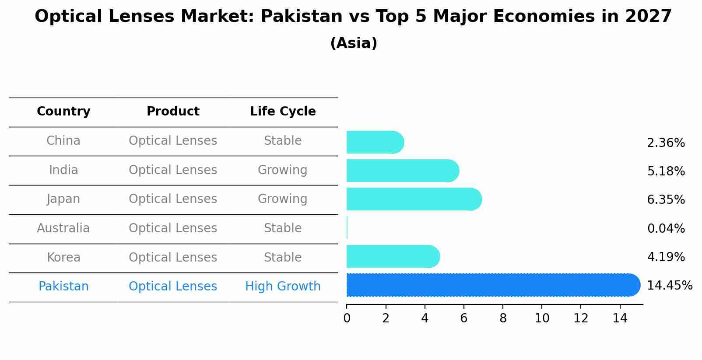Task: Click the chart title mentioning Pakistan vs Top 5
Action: tap(353, 17)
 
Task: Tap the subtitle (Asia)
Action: tap(354, 43)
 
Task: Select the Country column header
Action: tap(63, 112)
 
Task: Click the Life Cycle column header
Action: tap(283, 112)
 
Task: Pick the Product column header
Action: tap(173, 112)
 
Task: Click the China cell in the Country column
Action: tap(63, 141)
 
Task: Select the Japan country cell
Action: tap(63, 199)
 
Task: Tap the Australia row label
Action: tap(63, 228)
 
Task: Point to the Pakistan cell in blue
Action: tap(63, 287)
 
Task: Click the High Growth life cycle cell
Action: tap(283, 287)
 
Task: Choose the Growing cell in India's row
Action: tap(283, 170)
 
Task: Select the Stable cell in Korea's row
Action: tap(283, 257)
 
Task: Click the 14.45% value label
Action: tap(670, 286)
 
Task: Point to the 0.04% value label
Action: tap(666, 229)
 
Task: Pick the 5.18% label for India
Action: tap(666, 171)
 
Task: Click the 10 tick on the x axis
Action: tap(542, 318)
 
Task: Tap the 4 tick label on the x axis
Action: tap(425, 318)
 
